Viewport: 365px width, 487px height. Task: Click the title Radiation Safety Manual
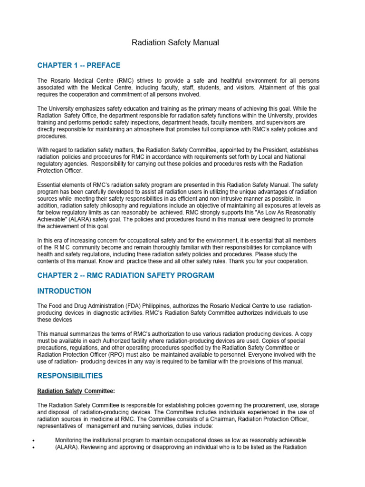(175, 43)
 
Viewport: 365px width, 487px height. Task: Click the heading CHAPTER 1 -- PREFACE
(79, 66)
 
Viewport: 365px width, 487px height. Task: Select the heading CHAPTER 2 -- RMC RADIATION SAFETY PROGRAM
(126, 275)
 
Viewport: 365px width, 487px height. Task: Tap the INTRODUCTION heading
(65, 291)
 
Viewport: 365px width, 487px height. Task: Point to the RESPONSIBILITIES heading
(70, 376)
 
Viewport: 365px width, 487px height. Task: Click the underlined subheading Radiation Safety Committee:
(76, 391)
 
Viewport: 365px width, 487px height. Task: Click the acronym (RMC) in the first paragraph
(118, 81)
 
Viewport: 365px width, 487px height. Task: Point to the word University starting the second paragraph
(64, 109)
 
